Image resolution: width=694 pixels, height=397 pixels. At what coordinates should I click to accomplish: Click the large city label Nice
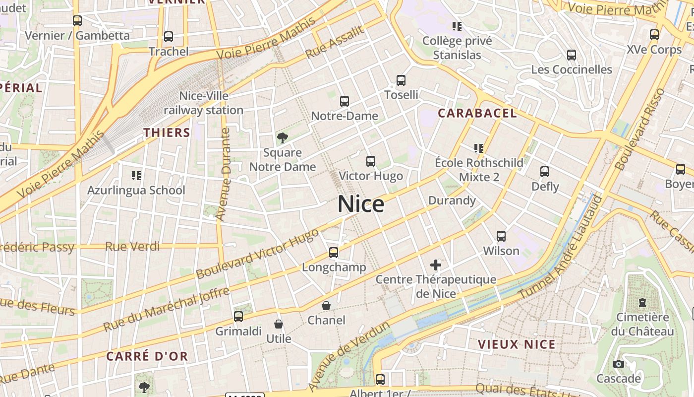[361, 204]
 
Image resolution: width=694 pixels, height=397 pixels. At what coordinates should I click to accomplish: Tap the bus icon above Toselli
[401, 80]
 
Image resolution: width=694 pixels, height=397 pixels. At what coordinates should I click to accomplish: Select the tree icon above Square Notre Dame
[282, 137]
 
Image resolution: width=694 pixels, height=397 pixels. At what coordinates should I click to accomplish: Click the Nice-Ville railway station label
[204, 103]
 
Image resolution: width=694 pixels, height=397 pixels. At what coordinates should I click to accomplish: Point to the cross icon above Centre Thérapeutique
[436, 265]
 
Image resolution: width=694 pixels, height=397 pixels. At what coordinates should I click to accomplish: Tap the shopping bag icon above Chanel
[326, 306]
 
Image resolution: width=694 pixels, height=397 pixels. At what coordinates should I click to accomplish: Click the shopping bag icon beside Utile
[279, 324]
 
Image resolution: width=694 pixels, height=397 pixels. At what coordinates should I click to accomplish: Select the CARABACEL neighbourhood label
[477, 113]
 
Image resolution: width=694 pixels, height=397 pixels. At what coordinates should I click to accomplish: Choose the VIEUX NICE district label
[517, 344]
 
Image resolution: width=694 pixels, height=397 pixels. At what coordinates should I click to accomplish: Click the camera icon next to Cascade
[618, 364]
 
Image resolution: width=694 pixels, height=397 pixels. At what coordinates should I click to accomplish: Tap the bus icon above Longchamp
[334, 253]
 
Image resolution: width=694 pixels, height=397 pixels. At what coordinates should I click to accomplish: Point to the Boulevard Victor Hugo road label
[257, 254]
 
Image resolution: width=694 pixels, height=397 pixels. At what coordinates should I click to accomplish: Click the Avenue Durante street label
[225, 174]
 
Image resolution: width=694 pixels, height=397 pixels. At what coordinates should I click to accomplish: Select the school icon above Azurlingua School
[136, 175]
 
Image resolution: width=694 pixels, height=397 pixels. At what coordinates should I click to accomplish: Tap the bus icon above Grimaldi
[238, 316]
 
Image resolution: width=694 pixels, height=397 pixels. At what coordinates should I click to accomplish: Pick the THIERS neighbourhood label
[167, 132]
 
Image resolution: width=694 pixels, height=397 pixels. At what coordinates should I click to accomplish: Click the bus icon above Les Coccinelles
[572, 55]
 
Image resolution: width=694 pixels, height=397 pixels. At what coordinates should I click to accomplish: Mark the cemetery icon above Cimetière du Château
[642, 302]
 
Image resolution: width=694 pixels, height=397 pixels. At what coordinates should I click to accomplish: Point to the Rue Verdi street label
[132, 247]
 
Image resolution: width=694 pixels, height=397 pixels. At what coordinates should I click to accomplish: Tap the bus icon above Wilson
[501, 236]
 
